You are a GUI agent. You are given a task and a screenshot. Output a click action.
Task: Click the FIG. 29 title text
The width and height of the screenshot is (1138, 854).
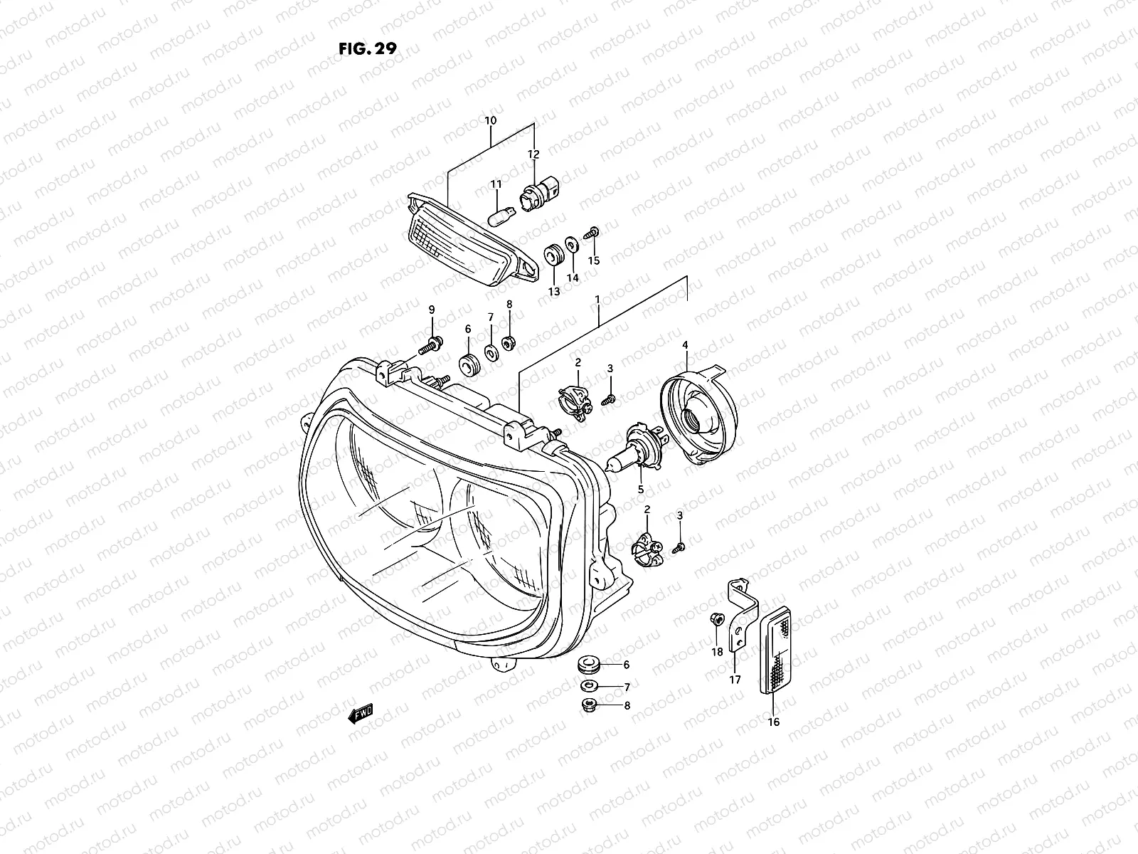368,48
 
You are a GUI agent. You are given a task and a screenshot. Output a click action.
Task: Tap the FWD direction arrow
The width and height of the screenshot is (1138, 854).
360,714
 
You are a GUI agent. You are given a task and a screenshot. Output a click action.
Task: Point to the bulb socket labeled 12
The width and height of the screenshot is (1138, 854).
535,192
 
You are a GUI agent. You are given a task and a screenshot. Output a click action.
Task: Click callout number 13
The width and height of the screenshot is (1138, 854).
554,292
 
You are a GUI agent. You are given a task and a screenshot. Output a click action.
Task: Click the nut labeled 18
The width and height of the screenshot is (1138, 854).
716,621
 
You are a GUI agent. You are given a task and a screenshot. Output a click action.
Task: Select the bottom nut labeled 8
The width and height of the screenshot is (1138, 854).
590,706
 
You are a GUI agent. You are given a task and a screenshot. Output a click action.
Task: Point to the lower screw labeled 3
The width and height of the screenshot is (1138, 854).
679,547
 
